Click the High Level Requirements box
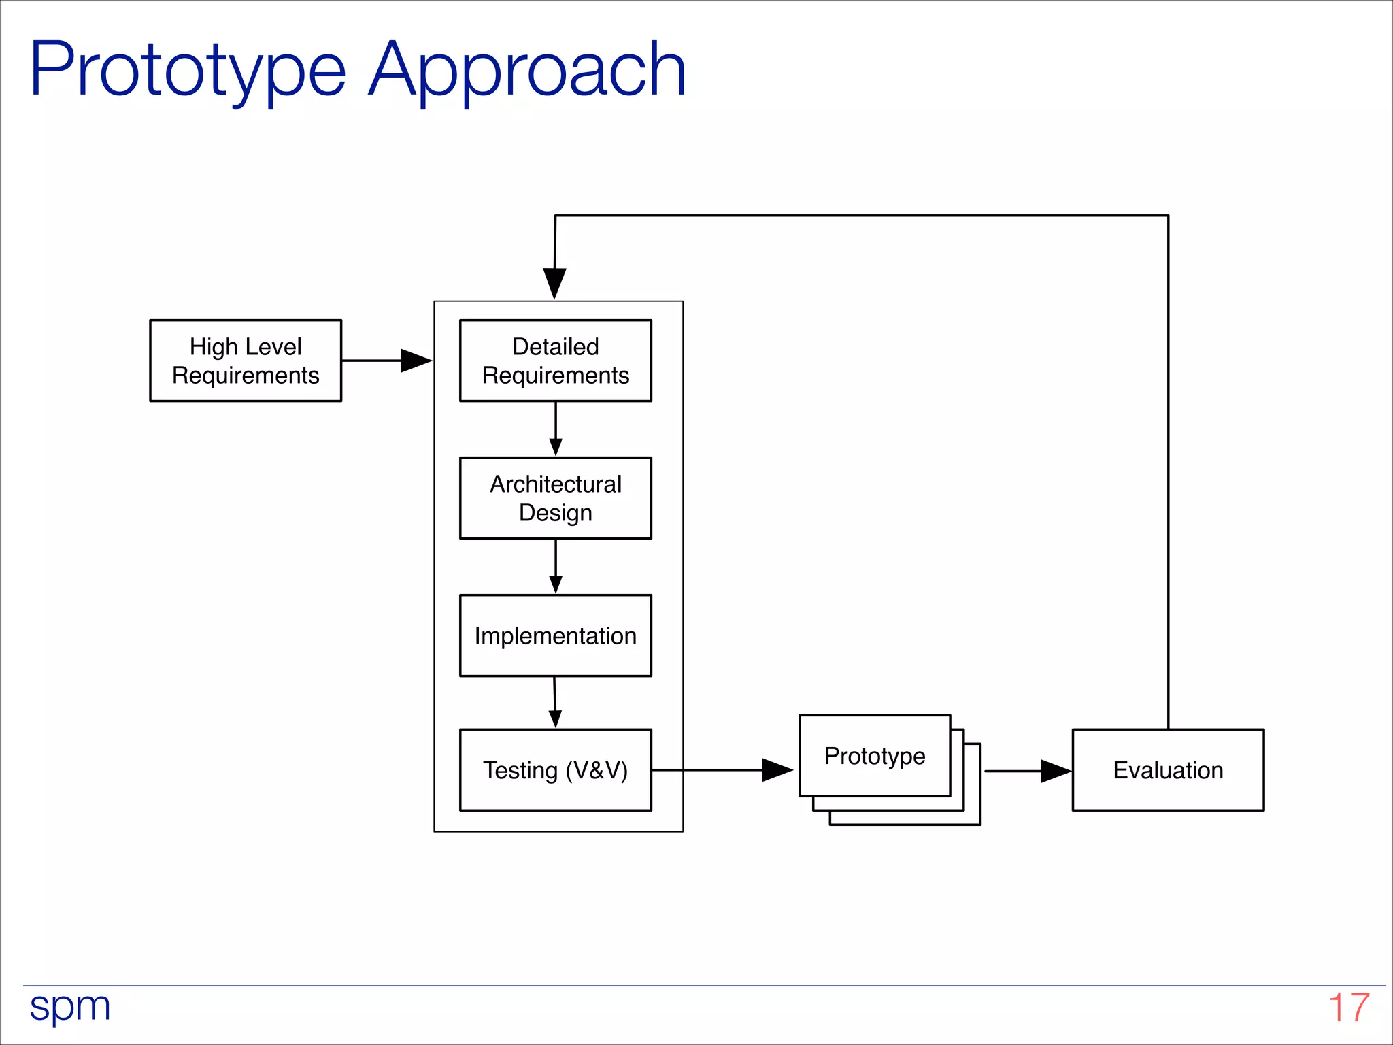click(245, 361)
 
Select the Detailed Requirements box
click(555, 361)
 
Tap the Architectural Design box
click(555, 498)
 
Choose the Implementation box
click(555, 635)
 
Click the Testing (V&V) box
click(555, 770)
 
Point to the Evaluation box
click(1167, 770)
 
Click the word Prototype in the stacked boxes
click(875, 756)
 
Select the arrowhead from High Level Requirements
click(416, 361)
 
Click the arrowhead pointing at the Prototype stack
click(776, 770)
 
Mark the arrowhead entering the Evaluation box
click(1055, 771)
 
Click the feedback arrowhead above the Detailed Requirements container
click(554, 282)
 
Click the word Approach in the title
click(526, 71)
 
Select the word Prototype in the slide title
click(188, 71)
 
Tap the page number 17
click(1348, 1008)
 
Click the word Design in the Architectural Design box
click(555, 513)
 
